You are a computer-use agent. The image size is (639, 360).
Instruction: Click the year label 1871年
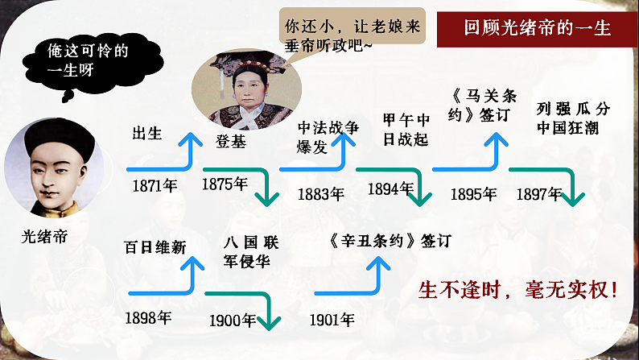pyautogui.click(x=155, y=186)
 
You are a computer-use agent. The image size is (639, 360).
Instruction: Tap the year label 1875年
pyautogui.click(x=225, y=184)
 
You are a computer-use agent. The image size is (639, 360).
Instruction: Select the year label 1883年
pyautogui.click(x=320, y=194)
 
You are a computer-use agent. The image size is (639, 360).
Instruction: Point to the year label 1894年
pyautogui.click(x=390, y=189)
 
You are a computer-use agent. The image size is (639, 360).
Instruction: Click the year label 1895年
pyautogui.click(x=473, y=194)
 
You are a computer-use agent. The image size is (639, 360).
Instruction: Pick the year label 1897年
pyautogui.click(x=538, y=193)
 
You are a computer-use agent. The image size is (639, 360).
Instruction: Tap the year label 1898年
pyautogui.click(x=148, y=317)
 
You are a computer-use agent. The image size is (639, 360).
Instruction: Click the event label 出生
pyautogui.click(x=147, y=134)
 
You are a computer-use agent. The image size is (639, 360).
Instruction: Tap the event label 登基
pyautogui.click(x=230, y=142)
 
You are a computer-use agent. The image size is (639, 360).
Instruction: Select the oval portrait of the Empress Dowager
pyautogui.click(x=246, y=89)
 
